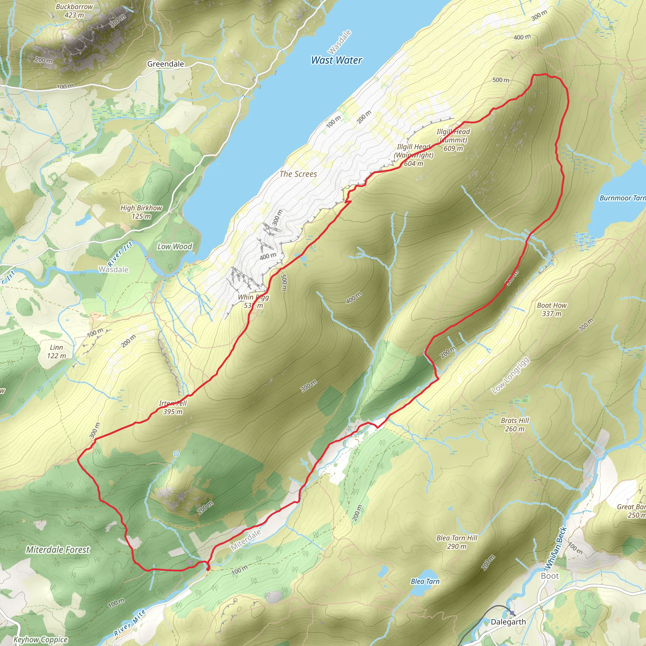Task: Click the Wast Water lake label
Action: (x=336, y=60)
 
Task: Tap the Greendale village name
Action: (x=166, y=64)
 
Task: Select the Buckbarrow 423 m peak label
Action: (x=74, y=11)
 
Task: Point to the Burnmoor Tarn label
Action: (x=622, y=198)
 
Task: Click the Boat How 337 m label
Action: (x=552, y=309)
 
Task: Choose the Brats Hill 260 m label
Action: (x=515, y=425)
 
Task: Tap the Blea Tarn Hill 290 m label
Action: (x=457, y=542)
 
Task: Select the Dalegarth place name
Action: (x=508, y=622)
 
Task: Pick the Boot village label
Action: (x=550, y=576)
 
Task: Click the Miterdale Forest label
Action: (x=58, y=550)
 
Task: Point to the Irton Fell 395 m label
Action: (x=173, y=407)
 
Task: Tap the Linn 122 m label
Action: (x=56, y=351)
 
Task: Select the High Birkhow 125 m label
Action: (x=141, y=212)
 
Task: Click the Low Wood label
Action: (x=175, y=246)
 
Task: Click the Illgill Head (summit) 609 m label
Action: (x=453, y=140)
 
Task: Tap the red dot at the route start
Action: (x=208, y=568)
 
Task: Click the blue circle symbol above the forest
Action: (x=176, y=454)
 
